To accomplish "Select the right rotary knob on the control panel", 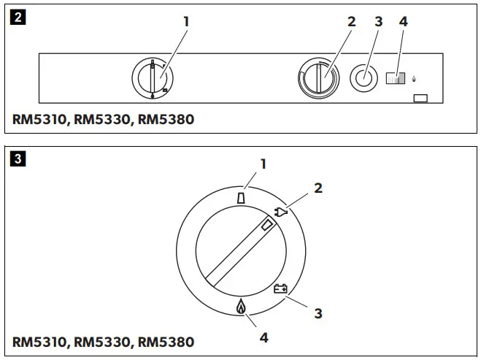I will click(x=319, y=77).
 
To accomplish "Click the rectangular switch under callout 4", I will click(x=395, y=78).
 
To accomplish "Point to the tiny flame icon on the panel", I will click(x=415, y=78).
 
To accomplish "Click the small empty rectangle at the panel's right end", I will click(x=420, y=97).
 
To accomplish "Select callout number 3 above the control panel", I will click(x=378, y=22).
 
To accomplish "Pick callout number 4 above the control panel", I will click(x=404, y=22).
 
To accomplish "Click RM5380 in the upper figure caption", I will click(x=166, y=119).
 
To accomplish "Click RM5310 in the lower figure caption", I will click(x=39, y=342).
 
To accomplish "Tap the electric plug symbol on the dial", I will click(x=282, y=212).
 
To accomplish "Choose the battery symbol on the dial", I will click(x=280, y=288).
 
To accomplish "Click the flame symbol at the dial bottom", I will click(x=241, y=307).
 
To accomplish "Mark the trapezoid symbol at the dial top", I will click(x=242, y=197).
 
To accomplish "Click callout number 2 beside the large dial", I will click(x=318, y=188).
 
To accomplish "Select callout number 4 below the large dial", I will click(x=263, y=338).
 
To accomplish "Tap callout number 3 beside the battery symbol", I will click(x=318, y=313).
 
